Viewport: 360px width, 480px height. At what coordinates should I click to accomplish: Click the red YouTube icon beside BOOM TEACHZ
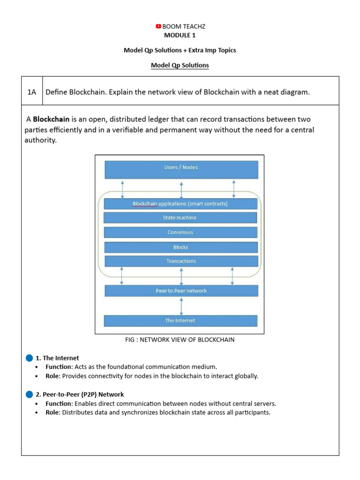tap(158, 27)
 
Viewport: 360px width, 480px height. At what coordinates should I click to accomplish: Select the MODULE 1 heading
tap(180, 35)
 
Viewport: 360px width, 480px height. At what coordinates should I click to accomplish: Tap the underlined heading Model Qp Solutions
tap(180, 66)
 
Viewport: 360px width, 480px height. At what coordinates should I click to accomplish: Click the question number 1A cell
tap(32, 92)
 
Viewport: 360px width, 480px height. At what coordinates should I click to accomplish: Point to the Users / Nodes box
tap(181, 169)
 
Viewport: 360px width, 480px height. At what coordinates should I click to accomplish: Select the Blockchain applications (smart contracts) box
tap(180, 204)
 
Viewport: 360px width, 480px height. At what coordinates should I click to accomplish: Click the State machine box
tap(180, 218)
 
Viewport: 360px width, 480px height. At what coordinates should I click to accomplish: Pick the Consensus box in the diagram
tap(180, 232)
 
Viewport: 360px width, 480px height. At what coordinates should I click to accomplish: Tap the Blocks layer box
tap(180, 247)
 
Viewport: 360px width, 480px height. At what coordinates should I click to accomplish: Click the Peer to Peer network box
tap(181, 291)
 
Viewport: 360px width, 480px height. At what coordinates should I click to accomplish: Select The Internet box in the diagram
tap(180, 321)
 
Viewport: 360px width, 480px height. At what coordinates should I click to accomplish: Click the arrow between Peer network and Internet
tap(181, 306)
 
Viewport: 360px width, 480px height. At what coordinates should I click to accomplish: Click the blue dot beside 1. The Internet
tap(30, 358)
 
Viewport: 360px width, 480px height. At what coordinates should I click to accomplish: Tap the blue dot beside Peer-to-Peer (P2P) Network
tap(30, 395)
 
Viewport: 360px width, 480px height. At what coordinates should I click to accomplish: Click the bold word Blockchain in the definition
tap(51, 120)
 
